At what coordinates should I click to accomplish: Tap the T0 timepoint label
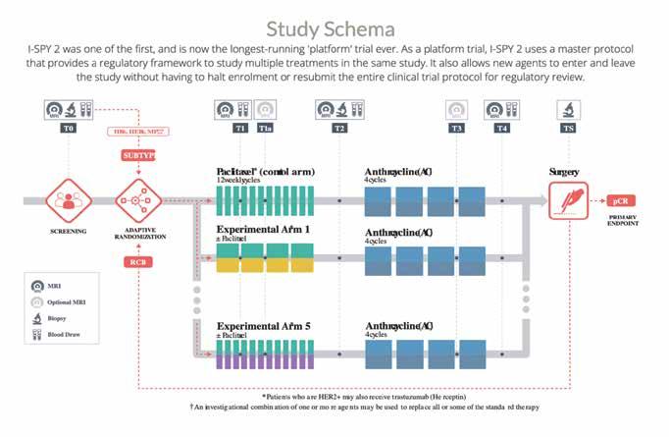[x=68, y=129]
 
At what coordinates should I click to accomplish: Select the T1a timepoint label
[x=265, y=129]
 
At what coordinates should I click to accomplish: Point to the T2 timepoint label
[x=339, y=129]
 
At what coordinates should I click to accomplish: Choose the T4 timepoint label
[x=502, y=129]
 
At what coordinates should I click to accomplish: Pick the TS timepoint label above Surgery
[x=568, y=129]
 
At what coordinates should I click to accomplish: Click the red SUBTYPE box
[x=138, y=156]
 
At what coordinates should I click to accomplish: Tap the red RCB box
[x=138, y=262]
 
